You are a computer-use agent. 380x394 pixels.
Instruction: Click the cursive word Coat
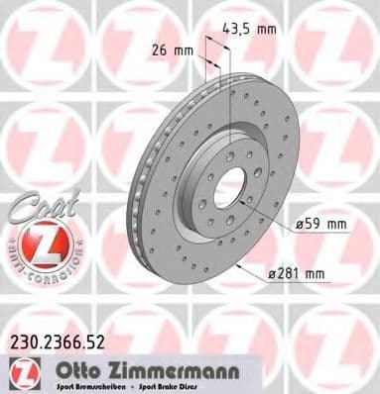(35, 209)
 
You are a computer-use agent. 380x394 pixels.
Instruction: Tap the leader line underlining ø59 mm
(317, 236)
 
